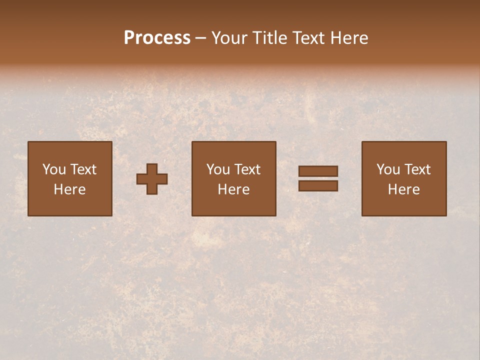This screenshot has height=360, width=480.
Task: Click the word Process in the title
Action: tap(157, 38)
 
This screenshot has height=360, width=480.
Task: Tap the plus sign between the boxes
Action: tap(152, 179)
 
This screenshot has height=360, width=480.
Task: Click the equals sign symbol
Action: tap(318, 178)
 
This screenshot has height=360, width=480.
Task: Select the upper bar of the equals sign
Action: tap(318, 171)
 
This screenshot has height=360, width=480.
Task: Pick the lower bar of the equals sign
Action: tap(318, 185)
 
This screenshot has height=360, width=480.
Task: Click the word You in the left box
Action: tap(54, 169)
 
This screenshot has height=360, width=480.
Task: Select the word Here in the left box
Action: tap(69, 189)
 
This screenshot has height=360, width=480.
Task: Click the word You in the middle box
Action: tap(218, 169)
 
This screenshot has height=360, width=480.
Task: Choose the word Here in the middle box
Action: tap(233, 189)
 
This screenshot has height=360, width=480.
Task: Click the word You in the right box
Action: tap(388, 169)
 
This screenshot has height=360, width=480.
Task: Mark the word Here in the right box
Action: tap(403, 189)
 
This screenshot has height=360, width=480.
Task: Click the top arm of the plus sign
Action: tap(152, 168)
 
